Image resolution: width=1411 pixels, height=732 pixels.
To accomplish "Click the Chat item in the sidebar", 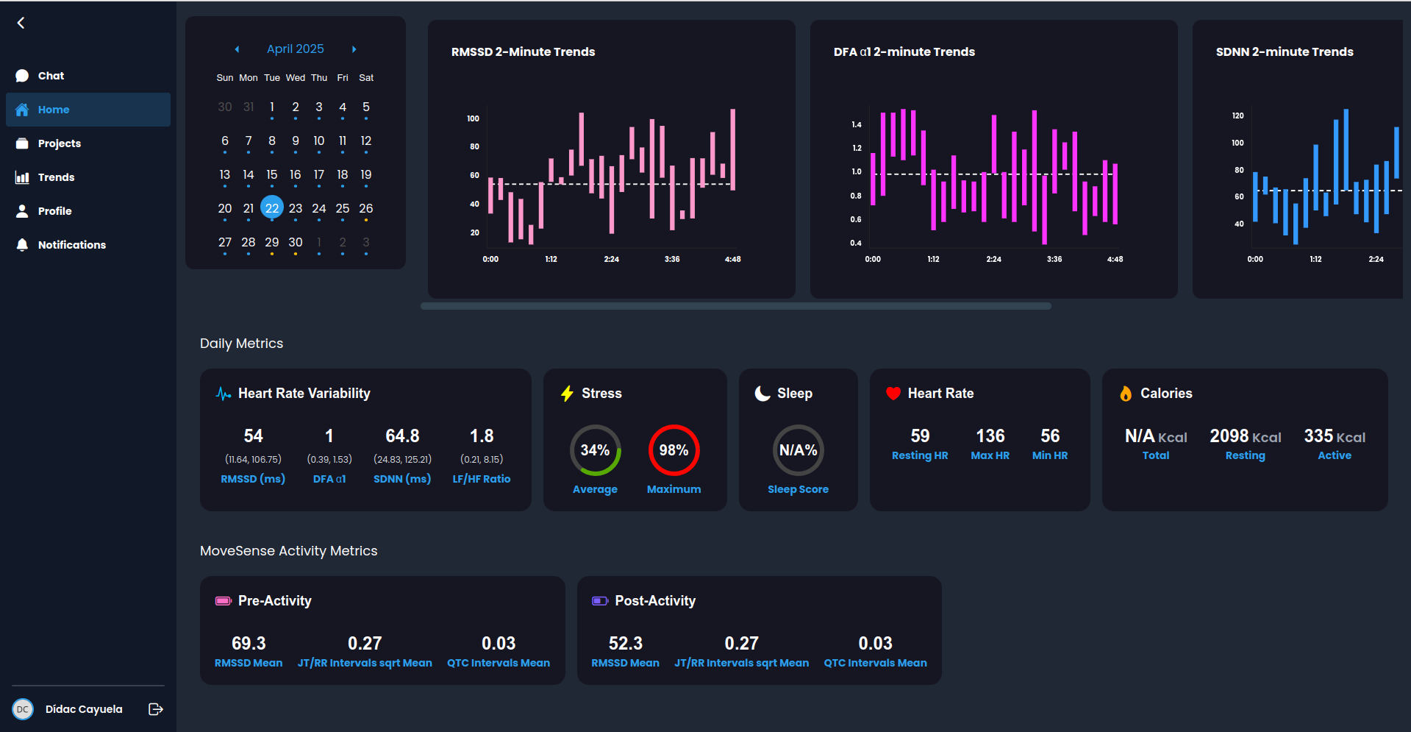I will [51, 76].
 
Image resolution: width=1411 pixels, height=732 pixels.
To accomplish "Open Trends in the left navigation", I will [56, 177].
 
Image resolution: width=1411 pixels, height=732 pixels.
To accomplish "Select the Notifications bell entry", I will [71, 245].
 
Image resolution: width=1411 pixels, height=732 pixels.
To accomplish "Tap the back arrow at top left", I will [21, 23].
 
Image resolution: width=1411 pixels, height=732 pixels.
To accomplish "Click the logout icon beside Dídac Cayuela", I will [155, 709].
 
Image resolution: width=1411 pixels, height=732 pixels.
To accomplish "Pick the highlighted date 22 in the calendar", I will [272, 208].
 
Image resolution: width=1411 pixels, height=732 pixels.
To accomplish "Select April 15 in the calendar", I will [272, 174].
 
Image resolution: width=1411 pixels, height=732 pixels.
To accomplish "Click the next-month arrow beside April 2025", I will [354, 49].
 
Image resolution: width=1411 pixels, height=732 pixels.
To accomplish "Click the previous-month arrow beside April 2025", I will [237, 49].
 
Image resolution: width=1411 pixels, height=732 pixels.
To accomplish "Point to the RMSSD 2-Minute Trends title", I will [523, 51].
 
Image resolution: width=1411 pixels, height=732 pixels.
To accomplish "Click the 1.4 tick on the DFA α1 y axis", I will [856, 124].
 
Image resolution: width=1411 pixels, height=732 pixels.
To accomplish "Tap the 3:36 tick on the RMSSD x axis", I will [671, 259].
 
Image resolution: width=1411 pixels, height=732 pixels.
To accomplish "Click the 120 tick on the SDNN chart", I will [1237, 116].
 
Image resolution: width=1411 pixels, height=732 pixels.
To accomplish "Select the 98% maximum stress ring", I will [674, 450].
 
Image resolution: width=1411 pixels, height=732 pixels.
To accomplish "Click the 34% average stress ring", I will [595, 450].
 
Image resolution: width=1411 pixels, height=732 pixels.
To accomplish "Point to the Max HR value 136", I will [990, 436].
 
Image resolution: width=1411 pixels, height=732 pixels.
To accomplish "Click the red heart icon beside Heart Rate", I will [893, 394].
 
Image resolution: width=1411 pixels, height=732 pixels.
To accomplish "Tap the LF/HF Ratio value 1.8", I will [482, 436].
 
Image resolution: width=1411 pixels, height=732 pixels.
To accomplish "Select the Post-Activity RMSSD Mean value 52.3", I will [625, 643].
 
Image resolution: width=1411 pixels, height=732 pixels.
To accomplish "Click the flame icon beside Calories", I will [1125, 394].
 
